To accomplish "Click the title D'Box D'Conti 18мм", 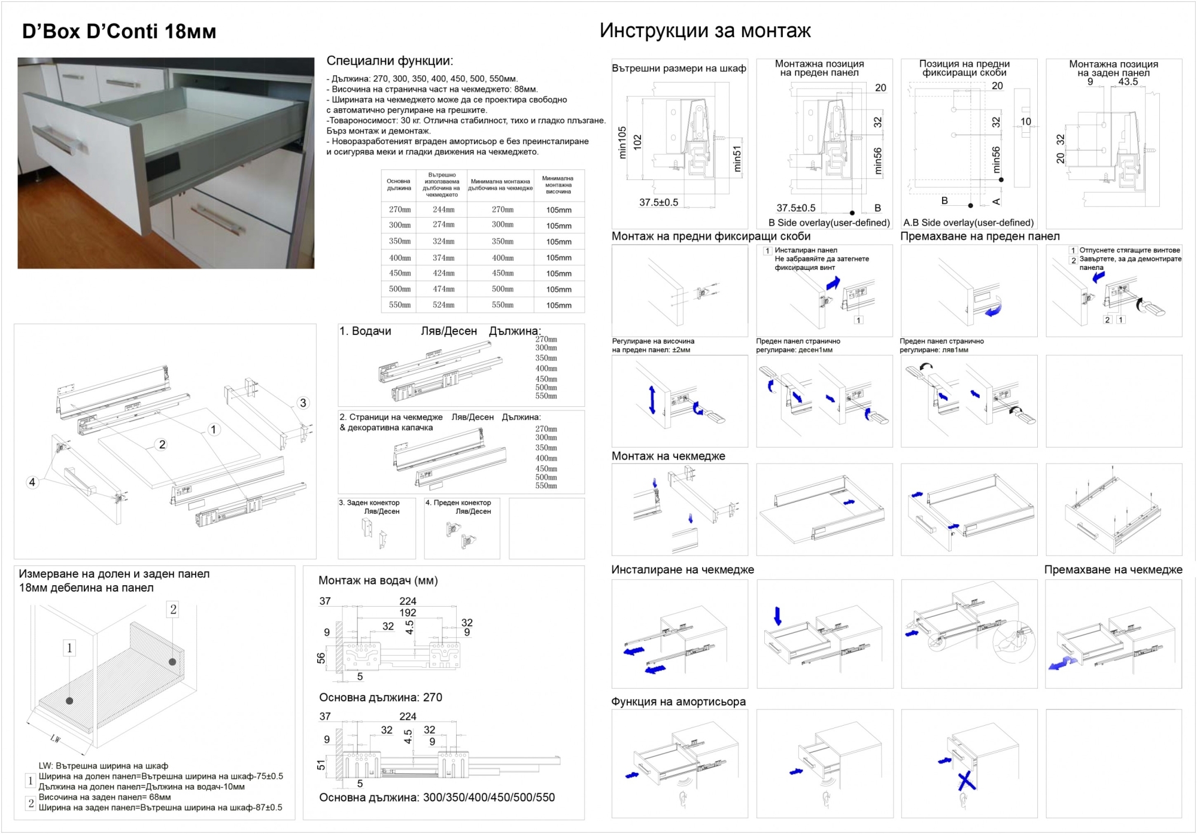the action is pos(119,31).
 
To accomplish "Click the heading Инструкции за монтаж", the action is pos(705,31).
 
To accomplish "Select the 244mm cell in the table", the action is pos(443,209).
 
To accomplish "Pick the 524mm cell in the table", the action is pos(443,305).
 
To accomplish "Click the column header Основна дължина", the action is pos(399,184).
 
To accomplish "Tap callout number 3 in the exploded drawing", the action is pos(303,403).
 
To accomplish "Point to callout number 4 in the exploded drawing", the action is pos(32,482).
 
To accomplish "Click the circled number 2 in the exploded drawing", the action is pos(162,445).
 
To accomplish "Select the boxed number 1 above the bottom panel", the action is pos(69,648).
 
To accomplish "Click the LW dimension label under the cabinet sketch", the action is pos(56,739).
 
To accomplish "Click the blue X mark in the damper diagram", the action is pos(965,781).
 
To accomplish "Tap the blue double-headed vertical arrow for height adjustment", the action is pos(652,400).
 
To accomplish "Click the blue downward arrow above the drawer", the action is pos(777,616).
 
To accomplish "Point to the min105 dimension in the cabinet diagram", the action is pos(622,142).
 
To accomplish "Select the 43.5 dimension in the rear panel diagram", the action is pos(1128,81).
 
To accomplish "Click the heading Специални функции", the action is pos(390,61).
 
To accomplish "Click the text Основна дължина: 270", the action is pos(381,698).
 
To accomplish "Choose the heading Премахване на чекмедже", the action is pos(1113,570).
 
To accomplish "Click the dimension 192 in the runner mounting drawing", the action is pos(408,613).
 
